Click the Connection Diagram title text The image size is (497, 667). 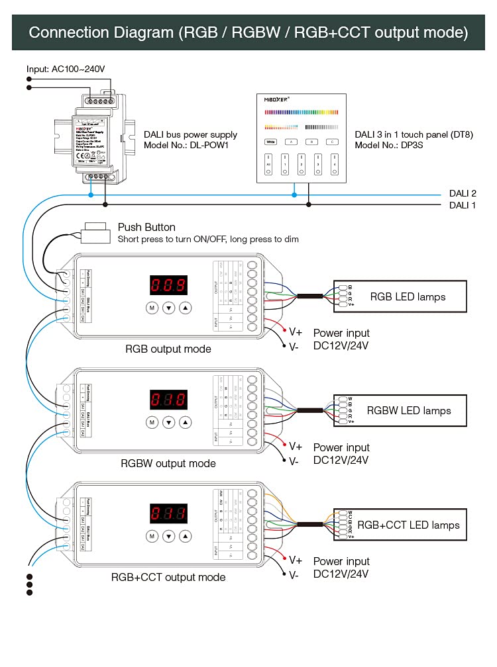(248, 32)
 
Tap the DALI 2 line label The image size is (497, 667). (463, 193)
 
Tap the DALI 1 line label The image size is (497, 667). (463, 205)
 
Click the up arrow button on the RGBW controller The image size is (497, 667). (186, 422)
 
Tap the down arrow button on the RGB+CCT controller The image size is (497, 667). (168, 535)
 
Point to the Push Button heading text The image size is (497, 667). (146, 227)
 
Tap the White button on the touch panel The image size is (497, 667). (270, 141)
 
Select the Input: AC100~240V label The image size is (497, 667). (66, 69)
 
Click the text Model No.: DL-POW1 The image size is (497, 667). (186, 145)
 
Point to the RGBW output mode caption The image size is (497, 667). (168, 463)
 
